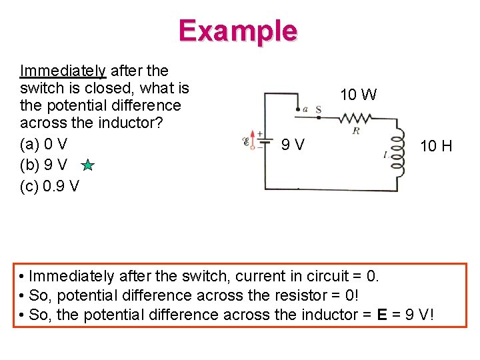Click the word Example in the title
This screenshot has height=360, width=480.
[x=237, y=31]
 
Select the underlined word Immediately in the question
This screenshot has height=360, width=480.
[x=63, y=71]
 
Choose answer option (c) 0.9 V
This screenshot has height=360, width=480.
[x=49, y=186]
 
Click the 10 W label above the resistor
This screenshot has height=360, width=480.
[x=358, y=95]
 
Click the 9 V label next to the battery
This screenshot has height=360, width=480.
[x=293, y=144]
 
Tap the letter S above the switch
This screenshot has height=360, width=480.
[x=318, y=108]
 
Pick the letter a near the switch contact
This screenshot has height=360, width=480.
[x=305, y=109]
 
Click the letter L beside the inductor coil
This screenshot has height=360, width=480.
[x=386, y=154]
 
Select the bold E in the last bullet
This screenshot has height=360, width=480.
[x=382, y=314]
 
